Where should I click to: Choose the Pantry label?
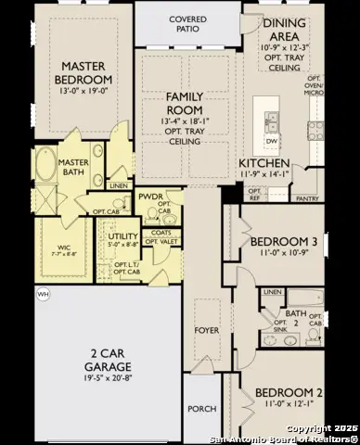click(306, 198)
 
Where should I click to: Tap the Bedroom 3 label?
click(285, 243)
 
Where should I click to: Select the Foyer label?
click(205, 328)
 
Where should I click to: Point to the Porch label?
click(201, 409)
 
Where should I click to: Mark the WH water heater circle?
click(42, 295)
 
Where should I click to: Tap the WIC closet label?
click(64, 248)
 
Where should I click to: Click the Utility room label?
click(122, 237)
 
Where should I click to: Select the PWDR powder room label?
click(150, 197)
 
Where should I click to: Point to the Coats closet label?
click(160, 233)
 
